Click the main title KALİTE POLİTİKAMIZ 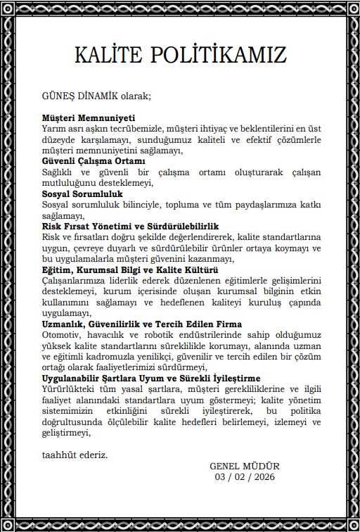tap(179, 55)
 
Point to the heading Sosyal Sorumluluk tap(82, 194)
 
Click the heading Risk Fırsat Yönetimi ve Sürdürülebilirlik tap(131, 226)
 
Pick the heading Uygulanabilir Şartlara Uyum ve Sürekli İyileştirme tap(152, 378)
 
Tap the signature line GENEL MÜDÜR tap(244, 466)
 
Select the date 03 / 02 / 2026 tap(245, 476)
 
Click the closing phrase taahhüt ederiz tap(75, 455)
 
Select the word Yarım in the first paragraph tap(54, 129)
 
